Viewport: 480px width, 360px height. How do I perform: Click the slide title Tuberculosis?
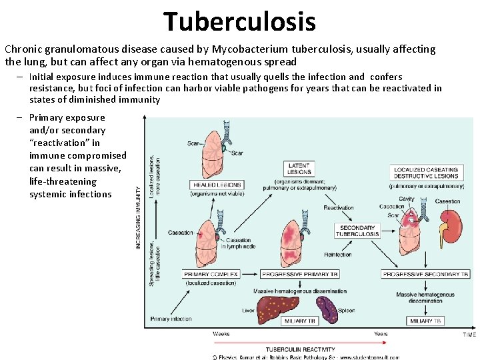coord(240,21)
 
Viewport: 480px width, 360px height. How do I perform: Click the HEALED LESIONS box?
coord(217,185)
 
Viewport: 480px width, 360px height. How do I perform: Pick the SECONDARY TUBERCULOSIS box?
coord(358,231)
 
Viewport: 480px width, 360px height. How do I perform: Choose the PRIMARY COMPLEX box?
coord(211,274)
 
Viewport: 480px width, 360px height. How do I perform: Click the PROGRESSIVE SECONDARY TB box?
coord(425,274)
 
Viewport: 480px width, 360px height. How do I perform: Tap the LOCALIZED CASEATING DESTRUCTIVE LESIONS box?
coord(426,173)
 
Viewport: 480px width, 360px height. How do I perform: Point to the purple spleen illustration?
coord(327,308)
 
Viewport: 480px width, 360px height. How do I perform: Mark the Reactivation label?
coord(339,208)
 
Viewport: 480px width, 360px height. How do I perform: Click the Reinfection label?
coord(337,254)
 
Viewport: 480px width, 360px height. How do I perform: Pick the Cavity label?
coord(407,199)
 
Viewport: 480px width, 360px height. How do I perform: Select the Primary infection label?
coord(171,319)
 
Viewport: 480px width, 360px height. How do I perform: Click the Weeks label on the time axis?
coord(221,333)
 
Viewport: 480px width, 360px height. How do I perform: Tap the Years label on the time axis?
coord(381,333)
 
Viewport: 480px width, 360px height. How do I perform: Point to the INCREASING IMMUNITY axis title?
coord(139,217)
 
